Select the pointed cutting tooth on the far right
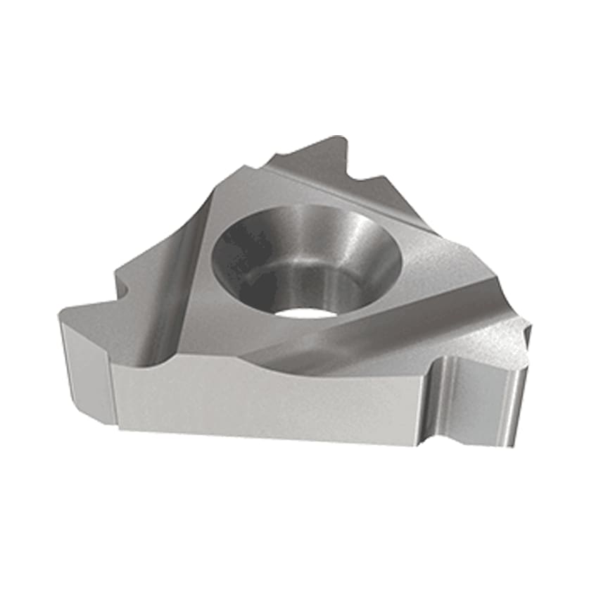point(526,325)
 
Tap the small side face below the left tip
point(86,369)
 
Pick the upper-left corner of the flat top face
point(246,169)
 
